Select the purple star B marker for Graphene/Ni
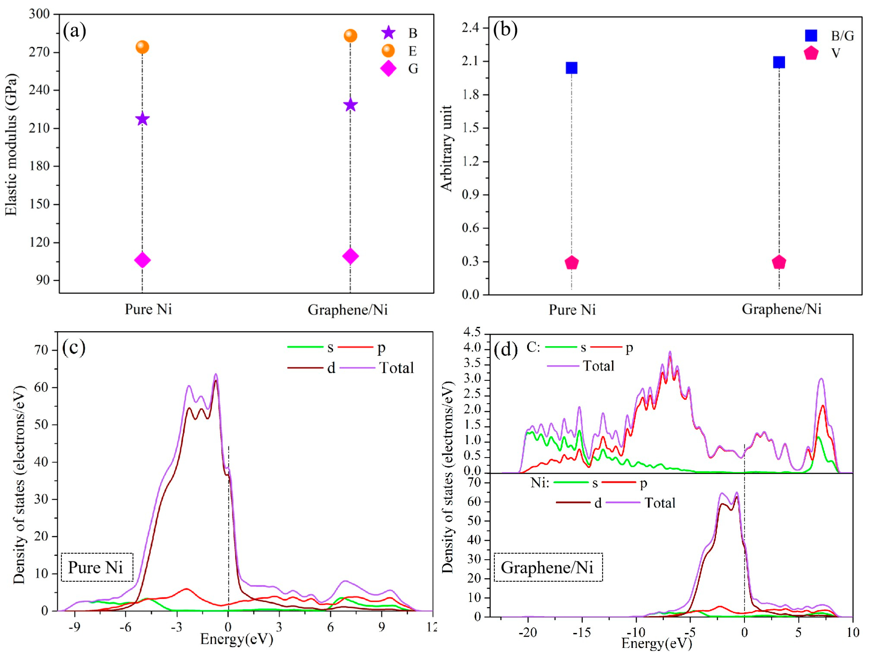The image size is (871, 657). coord(350,105)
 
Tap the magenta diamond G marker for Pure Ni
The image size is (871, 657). coord(142,260)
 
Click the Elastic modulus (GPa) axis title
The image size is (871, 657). coord(11,145)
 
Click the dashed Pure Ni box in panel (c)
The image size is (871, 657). coord(97,567)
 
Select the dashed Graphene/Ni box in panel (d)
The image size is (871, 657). coord(548,567)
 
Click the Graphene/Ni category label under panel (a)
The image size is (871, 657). coord(348,310)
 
